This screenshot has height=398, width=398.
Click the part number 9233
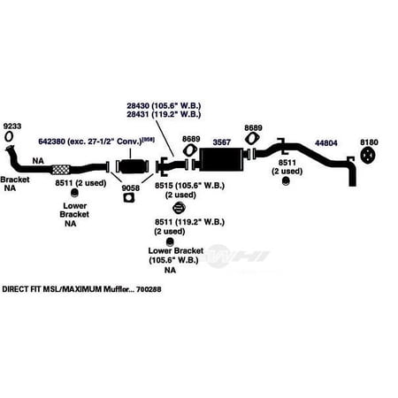12,126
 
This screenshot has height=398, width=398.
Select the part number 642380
51,142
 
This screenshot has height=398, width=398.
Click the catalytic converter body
132,166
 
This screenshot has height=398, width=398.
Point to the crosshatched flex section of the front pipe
60,170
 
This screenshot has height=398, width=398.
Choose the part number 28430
138,105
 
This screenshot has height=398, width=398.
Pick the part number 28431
138,114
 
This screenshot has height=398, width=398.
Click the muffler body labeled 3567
221,159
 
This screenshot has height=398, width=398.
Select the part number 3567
221,142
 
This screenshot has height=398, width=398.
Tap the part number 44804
326,143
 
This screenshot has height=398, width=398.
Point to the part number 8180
369,142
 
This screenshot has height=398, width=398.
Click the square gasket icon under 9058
128,198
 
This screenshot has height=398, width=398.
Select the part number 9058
131,188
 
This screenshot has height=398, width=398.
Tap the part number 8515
164,186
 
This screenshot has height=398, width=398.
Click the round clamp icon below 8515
179,208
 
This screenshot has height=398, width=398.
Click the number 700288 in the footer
149,289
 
